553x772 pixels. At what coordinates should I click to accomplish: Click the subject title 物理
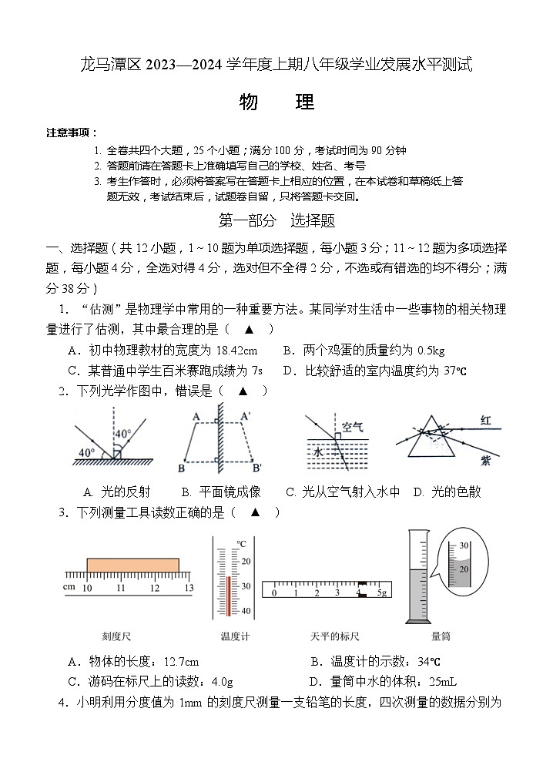click(x=276, y=102)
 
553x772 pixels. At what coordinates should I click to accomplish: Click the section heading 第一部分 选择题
click(x=276, y=221)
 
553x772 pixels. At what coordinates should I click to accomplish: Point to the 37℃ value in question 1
click(x=455, y=371)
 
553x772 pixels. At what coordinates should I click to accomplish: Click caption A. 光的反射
click(x=116, y=492)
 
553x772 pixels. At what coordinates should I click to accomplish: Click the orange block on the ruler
click(x=132, y=565)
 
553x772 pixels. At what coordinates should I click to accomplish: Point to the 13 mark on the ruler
click(x=188, y=588)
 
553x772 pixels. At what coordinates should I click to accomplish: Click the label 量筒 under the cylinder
click(x=441, y=636)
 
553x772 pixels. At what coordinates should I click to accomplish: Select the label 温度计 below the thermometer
click(x=232, y=636)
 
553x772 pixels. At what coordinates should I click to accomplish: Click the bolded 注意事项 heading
click(x=71, y=133)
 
